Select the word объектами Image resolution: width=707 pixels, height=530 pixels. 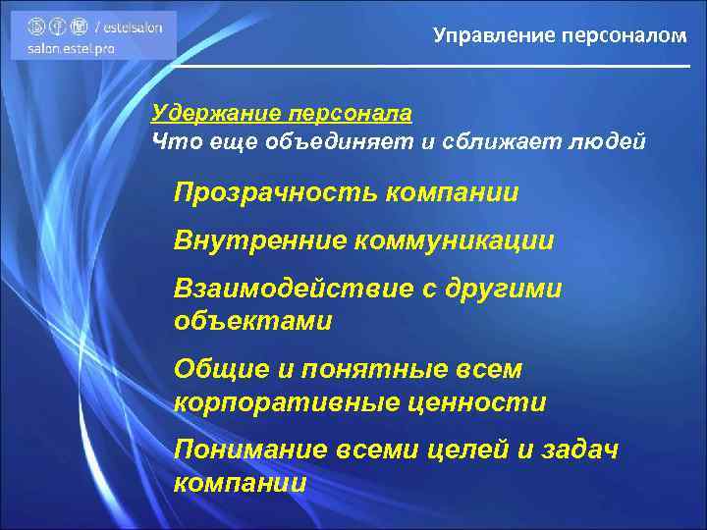252,320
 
